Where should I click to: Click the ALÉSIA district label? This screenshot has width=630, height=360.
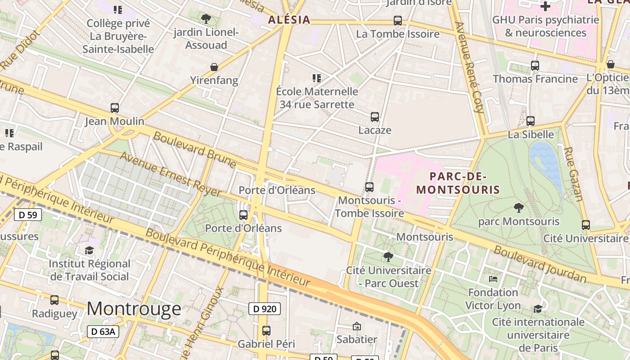289,20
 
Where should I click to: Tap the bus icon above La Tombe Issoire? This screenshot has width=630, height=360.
397,21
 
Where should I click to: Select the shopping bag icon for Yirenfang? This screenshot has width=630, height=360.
214,67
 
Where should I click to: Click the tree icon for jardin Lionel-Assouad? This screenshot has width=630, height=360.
206,19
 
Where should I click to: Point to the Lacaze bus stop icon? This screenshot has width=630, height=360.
374,117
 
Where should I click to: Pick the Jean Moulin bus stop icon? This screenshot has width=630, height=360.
115,108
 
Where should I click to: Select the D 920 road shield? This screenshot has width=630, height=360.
265,309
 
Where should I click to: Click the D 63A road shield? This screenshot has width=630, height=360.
103,332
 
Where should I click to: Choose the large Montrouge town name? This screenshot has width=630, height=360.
134,309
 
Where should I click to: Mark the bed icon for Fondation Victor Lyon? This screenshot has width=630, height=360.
493,279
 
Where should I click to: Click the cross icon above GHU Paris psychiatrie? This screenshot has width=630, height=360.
545,6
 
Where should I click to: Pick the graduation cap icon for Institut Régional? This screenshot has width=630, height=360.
89,250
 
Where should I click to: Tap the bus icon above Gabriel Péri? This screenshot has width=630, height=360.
266,331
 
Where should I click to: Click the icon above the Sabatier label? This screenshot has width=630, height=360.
357,326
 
